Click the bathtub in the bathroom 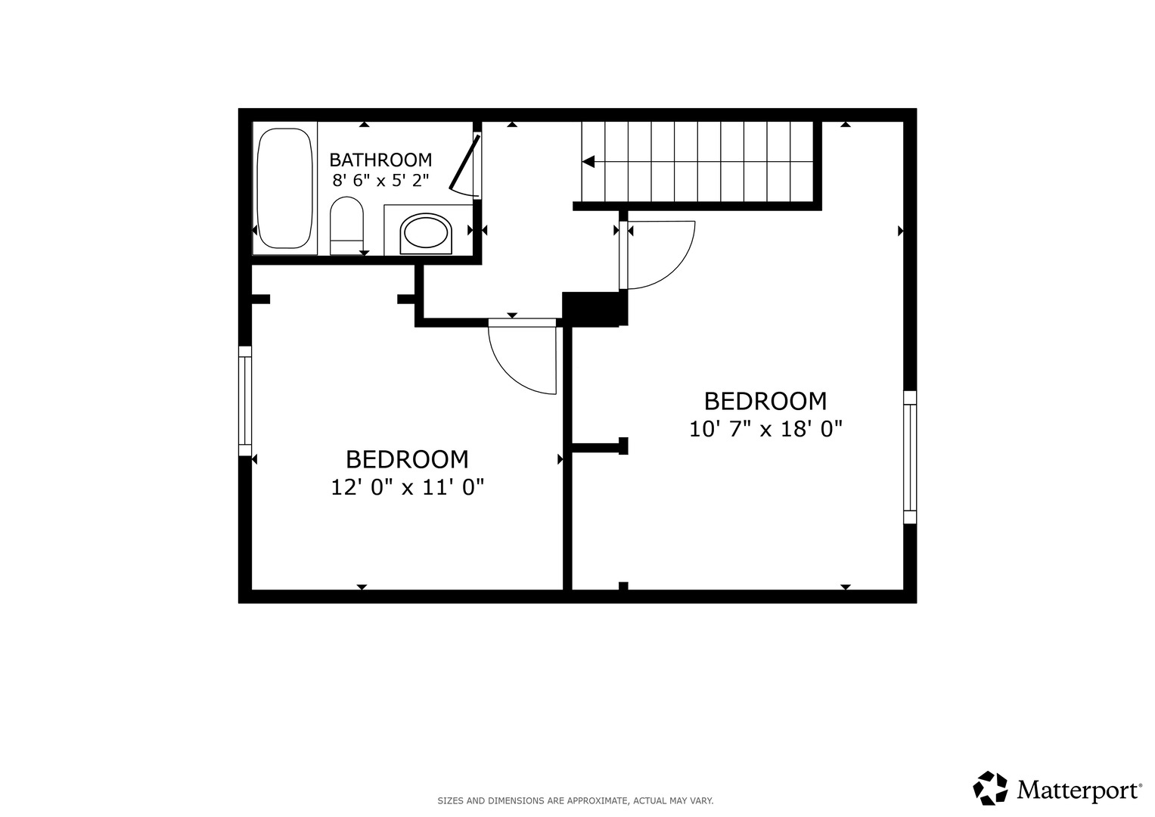pyautogui.click(x=284, y=188)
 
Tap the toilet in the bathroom pyautogui.click(x=346, y=225)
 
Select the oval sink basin pyautogui.click(x=426, y=234)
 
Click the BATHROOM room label pyautogui.click(x=380, y=160)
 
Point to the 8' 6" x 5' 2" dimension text pyautogui.click(x=380, y=181)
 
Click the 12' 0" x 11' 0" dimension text pyautogui.click(x=408, y=487)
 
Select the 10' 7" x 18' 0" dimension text pyautogui.click(x=765, y=429)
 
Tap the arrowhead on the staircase pyautogui.click(x=588, y=161)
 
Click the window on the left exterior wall pyautogui.click(x=245, y=401)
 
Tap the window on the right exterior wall pyautogui.click(x=910, y=457)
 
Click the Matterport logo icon pyautogui.click(x=990, y=788)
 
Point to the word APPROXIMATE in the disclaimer pyautogui.click(x=597, y=801)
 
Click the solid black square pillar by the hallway pyautogui.click(x=595, y=309)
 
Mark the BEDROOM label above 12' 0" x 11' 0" pyautogui.click(x=408, y=459)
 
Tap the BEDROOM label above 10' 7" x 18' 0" pyautogui.click(x=765, y=401)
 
